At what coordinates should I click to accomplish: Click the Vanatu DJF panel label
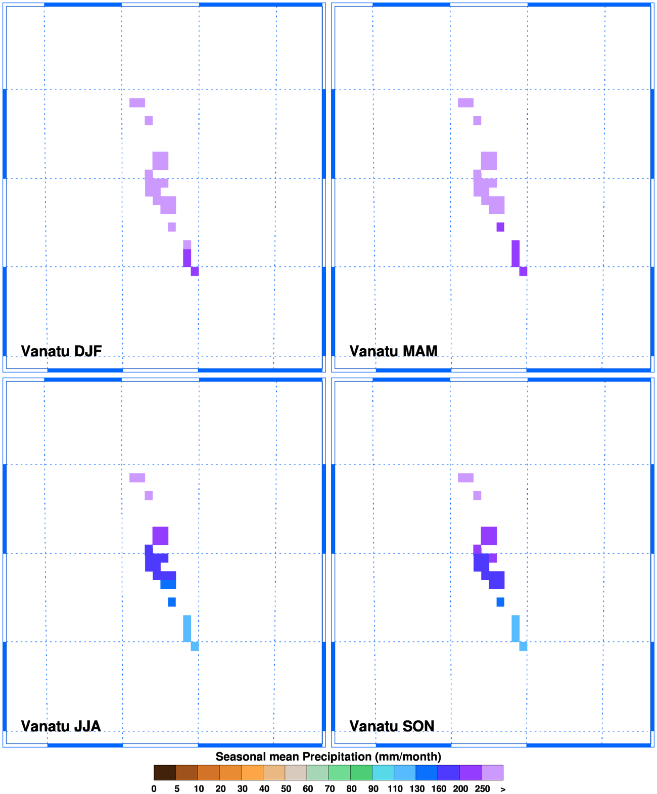(61, 351)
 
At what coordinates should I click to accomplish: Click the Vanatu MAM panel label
(393, 351)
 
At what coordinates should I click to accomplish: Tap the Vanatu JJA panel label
(61, 726)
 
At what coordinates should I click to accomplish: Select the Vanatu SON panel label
(392, 726)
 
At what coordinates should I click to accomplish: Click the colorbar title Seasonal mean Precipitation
(328, 756)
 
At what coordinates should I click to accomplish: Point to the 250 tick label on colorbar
(482, 788)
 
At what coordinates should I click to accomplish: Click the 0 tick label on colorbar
(154, 788)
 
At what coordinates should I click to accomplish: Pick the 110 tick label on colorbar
(395, 788)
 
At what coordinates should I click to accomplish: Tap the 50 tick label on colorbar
(286, 788)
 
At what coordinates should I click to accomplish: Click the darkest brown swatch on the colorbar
(165, 772)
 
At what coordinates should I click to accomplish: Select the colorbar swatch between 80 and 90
(361, 772)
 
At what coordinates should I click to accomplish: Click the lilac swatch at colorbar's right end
(492, 772)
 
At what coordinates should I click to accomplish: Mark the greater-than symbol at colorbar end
(503, 789)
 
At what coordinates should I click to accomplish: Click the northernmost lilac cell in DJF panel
(137, 103)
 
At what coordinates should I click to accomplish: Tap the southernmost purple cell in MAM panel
(523, 271)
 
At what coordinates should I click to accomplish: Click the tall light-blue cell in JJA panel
(187, 628)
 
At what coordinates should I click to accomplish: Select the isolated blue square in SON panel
(500, 602)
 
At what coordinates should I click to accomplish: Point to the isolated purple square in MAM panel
(500, 227)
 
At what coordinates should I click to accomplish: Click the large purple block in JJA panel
(160, 535)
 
